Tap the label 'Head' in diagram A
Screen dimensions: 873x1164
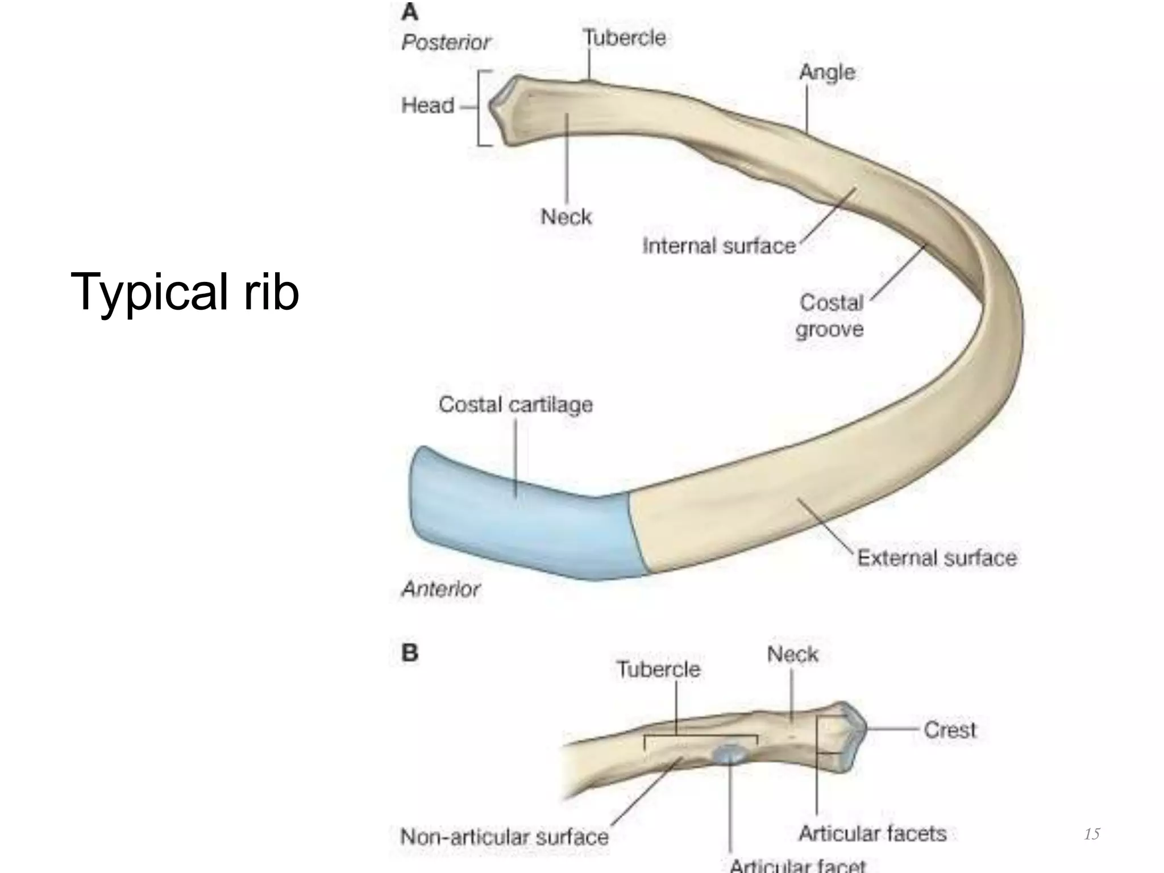tap(427, 105)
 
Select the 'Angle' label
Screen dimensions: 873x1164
tap(827, 72)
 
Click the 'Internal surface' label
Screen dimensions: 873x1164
tap(719, 246)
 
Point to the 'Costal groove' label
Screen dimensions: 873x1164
tap(830, 316)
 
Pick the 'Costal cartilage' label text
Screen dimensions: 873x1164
tap(516, 405)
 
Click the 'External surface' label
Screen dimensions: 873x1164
tap(937, 558)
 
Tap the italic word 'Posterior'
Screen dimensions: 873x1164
tap(446, 43)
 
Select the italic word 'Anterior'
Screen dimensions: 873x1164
tap(441, 589)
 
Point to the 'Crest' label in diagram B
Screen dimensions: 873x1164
tap(949, 730)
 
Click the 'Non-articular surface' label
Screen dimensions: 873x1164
tap(504, 837)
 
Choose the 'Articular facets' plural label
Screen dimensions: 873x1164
tap(872, 833)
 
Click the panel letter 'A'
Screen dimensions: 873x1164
tap(410, 12)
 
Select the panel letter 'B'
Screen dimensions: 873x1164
tap(410, 652)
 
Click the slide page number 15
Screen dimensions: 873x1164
tap(1092, 834)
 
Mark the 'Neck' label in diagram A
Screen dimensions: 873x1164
tap(566, 217)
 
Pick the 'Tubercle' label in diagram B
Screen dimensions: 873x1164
tap(658, 669)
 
